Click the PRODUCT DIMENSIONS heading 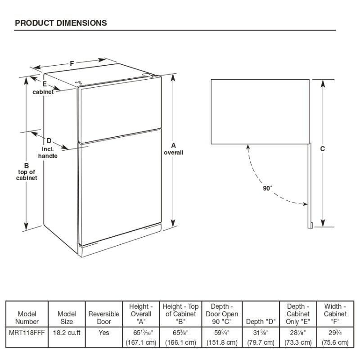61,22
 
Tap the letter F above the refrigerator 72,63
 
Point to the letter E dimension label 45,84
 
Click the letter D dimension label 49,141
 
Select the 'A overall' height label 173,149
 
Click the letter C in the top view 323,148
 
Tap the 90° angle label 268,189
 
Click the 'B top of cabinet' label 27,171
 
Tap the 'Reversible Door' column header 103,318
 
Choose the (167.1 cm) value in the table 141,343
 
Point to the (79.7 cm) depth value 261,343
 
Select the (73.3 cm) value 297,343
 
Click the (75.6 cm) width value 335,343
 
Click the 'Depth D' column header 261,322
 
